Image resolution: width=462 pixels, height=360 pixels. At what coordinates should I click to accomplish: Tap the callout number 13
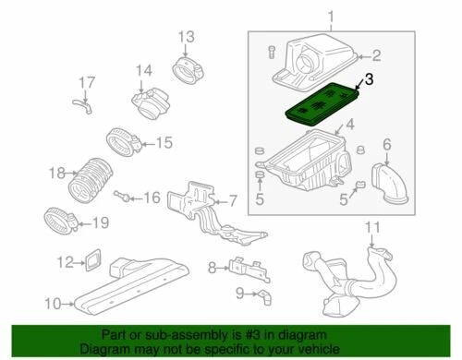pos(187,37)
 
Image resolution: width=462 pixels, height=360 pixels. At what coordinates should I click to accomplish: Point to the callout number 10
pos(53,303)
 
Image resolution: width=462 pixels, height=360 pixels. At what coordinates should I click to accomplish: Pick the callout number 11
pos(372,227)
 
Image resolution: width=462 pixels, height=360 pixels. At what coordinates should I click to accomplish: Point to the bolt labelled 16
pos(123,197)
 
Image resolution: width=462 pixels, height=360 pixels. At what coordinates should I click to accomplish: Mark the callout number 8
pos(213,268)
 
